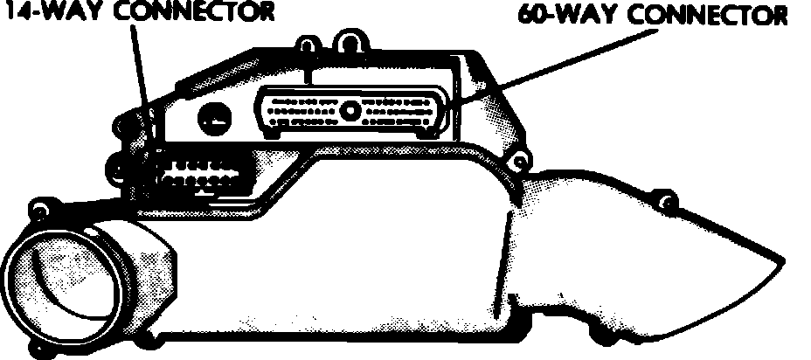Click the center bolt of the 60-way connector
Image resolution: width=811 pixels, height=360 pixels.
point(350,111)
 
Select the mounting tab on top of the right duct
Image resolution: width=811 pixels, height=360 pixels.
point(668,204)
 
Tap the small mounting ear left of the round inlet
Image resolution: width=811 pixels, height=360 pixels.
point(38,209)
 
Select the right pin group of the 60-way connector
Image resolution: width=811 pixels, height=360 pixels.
point(401,113)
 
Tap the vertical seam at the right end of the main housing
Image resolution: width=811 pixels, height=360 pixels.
point(505,262)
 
